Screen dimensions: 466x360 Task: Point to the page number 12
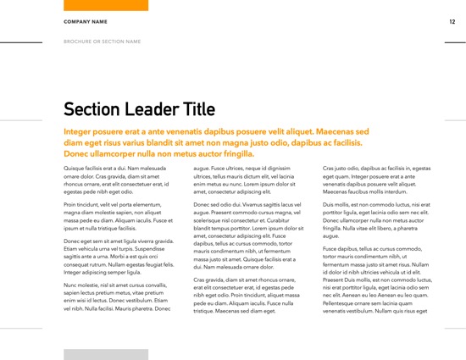coord(452,21)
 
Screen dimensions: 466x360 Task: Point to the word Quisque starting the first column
coord(75,169)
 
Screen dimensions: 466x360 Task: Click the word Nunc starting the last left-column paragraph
coord(72,285)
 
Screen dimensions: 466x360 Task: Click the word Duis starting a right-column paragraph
coord(330,205)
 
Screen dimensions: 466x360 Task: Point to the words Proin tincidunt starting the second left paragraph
coord(86,205)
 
